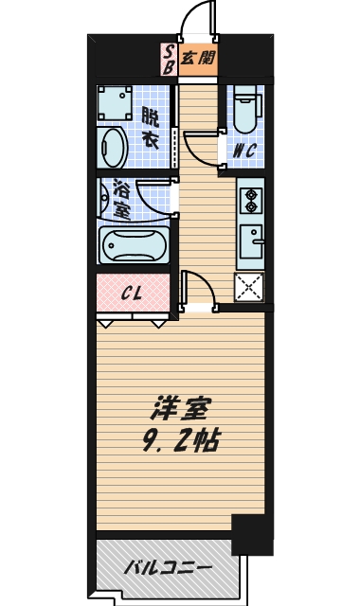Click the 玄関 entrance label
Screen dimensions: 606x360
[x=197, y=58]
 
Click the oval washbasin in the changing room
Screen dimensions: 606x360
[x=113, y=149]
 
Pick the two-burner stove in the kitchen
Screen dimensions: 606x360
[x=252, y=200]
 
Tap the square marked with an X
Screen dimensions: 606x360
[x=248, y=286]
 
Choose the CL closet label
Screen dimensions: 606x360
[x=132, y=293]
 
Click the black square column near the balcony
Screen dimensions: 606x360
[x=250, y=534]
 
